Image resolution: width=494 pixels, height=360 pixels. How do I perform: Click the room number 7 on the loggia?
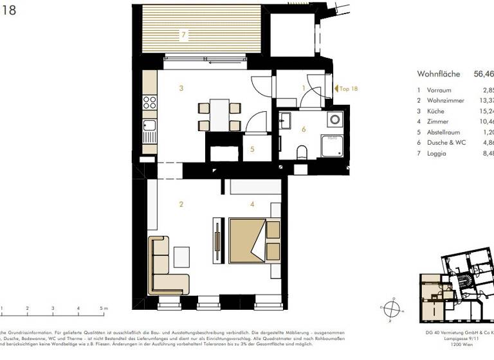183,34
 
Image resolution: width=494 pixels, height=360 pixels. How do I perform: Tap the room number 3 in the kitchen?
182,88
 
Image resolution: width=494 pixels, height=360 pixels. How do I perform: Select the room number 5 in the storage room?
253,149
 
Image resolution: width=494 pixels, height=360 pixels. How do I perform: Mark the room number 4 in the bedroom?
253,204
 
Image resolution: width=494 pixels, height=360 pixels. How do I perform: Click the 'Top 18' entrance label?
348,89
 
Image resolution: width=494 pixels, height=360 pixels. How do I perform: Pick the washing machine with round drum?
334,120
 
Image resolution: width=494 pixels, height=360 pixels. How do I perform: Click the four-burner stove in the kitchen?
149,104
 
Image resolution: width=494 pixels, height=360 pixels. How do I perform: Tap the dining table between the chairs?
219,115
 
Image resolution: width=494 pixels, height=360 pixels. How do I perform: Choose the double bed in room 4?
248,240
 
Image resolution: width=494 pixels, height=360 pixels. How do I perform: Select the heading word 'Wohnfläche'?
439,74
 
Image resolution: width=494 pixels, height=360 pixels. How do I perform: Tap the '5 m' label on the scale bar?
104,309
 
